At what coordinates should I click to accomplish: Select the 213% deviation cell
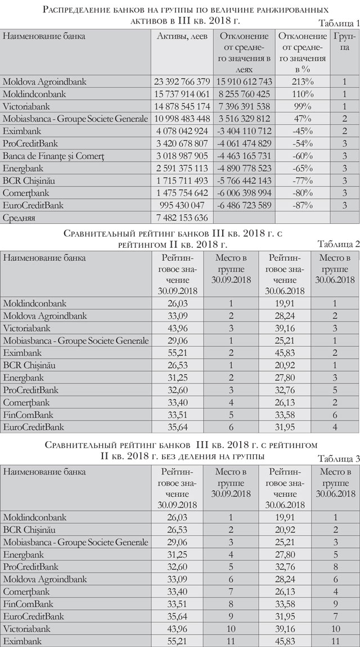[x=303, y=82]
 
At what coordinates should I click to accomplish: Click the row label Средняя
[x=22, y=218]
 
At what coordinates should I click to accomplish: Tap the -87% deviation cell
[x=303, y=205]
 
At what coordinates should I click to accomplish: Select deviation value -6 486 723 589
[x=245, y=205]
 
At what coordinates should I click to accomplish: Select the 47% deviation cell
[x=303, y=119]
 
